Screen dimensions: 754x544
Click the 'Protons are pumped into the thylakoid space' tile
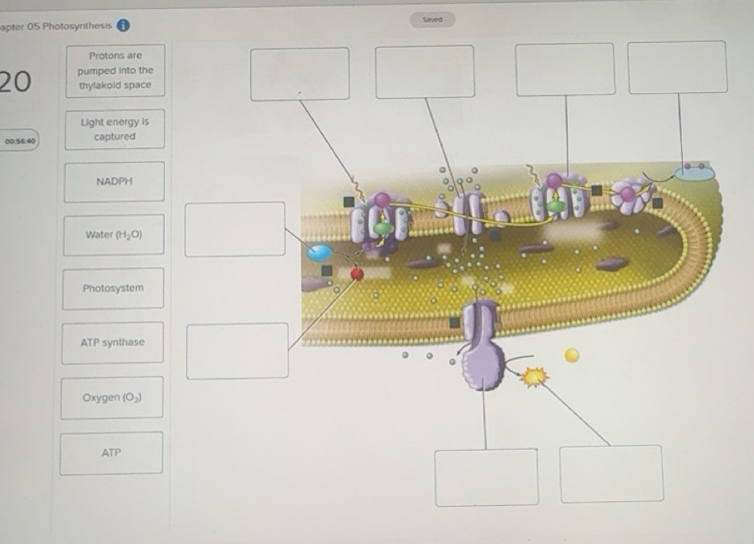click(x=116, y=70)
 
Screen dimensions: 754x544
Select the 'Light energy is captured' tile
click(x=115, y=129)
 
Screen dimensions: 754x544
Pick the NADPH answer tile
click(x=114, y=181)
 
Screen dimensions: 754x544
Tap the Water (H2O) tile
click(x=114, y=235)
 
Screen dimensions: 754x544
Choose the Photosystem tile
click(x=113, y=288)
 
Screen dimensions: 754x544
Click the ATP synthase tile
click(x=112, y=342)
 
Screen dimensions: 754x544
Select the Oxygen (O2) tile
click(x=112, y=397)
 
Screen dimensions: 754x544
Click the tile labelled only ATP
click(x=112, y=453)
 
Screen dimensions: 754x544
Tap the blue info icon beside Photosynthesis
click(x=123, y=25)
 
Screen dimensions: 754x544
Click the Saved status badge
click(x=432, y=19)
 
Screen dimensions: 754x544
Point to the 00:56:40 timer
click(x=19, y=140)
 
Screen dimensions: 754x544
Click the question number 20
click(x=16, y=81)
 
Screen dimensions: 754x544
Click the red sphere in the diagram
click(x=357, y=274)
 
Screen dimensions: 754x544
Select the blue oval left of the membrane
click(x=320, y=253)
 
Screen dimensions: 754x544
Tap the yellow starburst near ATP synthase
click(x=534, y=376)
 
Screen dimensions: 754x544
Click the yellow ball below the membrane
click(x=571, y=355)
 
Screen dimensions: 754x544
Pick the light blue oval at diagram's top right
click(x=694, y=172)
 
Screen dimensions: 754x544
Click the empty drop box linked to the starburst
click(x=612, y=474)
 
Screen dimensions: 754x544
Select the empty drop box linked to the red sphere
click(x=238, y=351)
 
